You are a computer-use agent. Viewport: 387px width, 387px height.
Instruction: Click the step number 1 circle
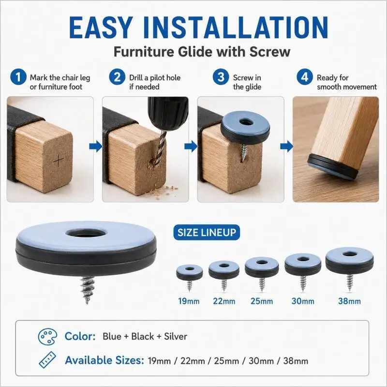click(x=18, y=77)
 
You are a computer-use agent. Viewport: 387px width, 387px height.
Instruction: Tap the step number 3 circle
click(x=221, y=77)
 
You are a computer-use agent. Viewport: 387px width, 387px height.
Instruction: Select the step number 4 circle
click(x=305, y=77)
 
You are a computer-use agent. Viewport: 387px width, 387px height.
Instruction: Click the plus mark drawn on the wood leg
click(x=59, y=161)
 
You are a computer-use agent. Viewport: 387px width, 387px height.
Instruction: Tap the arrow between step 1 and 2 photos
click(x=95, y=146)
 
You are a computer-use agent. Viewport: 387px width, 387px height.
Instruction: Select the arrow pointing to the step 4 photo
click(x=286, y=146)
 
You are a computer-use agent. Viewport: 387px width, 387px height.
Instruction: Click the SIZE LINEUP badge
click(x=207, y=232)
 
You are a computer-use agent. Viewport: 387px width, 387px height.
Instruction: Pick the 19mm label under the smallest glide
click(x=189, y=301)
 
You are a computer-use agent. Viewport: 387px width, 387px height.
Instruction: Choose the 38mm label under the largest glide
click(x=349, y=301)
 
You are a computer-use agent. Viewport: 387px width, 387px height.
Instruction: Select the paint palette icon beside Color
click(x=47, y=337)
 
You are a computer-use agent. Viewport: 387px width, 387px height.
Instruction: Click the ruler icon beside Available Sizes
click(x=47, y=359)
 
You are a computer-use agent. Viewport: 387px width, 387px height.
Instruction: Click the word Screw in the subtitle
click(x=270, y=52)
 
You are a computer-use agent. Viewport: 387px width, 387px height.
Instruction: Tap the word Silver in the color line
click(x=176, y=336)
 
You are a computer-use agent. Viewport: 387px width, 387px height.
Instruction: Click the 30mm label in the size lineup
click(x=303, y=301)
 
